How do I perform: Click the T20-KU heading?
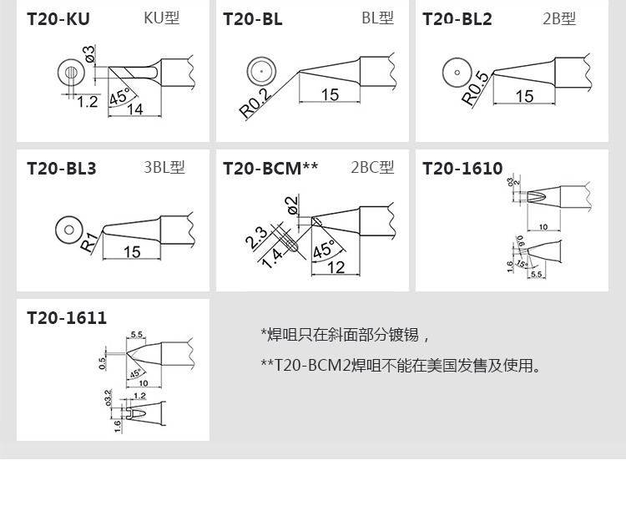click(58, 18)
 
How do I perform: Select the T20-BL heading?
click(253, 18)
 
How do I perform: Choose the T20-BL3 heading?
click(62, 168)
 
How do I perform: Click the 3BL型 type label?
click(164, 167)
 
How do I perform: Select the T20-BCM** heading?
click(270, 168)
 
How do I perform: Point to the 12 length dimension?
click(336, 267)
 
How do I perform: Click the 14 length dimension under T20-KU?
click(134, 109)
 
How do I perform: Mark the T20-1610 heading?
click(462, 168)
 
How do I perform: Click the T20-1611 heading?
click(67, 318)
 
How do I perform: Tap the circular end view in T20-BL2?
click(456, 73)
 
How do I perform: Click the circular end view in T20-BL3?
click(66, 229)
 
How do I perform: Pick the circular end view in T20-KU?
click(71, 73)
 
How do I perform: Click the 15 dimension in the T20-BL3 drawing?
click(132, 251)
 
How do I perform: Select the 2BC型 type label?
click(372, 167)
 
